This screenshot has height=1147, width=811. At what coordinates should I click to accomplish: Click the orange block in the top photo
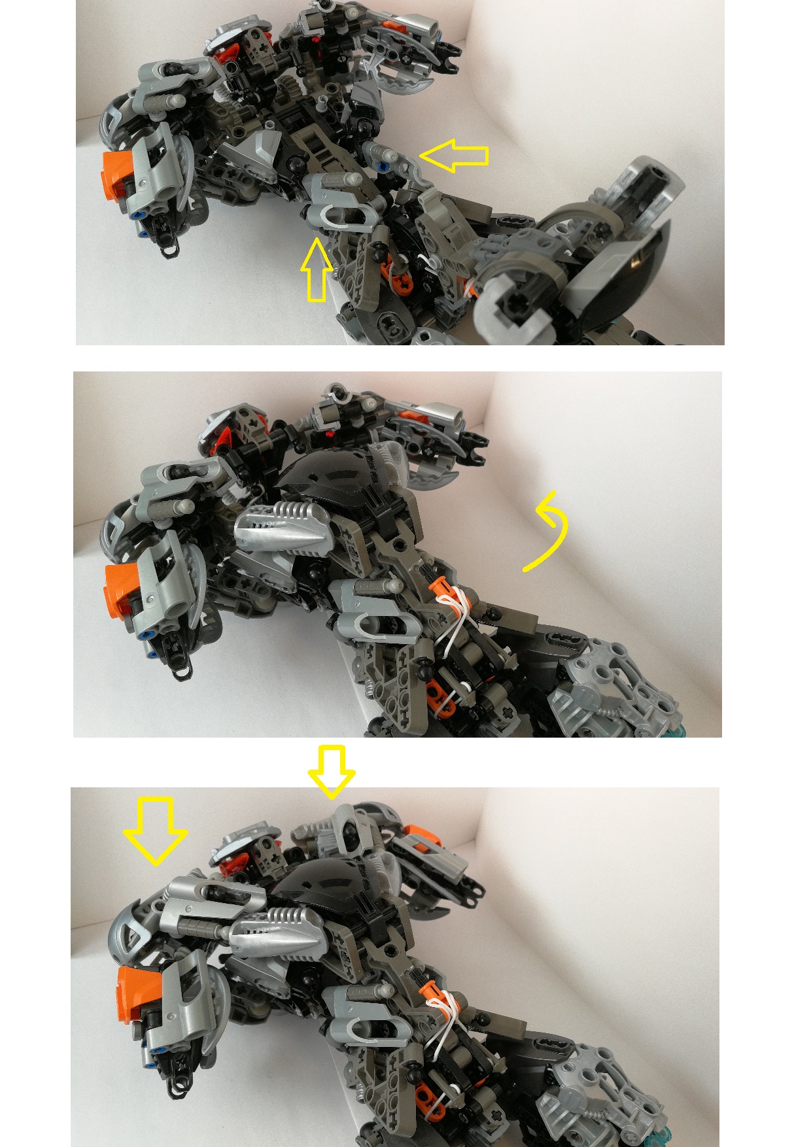click(118, 175)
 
